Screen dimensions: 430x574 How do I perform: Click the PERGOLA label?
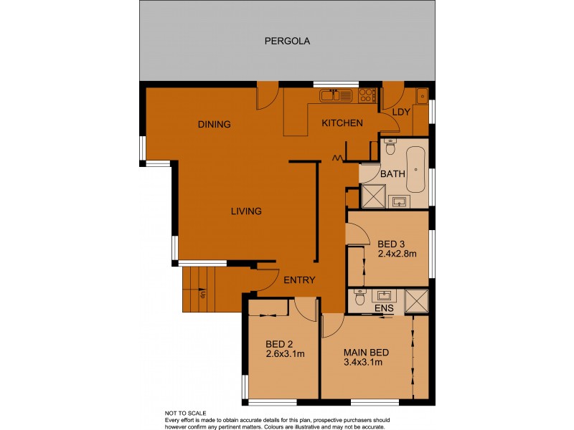[287, 41]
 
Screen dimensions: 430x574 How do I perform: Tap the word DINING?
[214, 124]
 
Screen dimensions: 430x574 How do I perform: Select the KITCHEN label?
[342, 123]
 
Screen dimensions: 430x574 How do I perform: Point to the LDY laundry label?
[401, 112]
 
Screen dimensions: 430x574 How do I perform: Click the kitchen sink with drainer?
[336, 95]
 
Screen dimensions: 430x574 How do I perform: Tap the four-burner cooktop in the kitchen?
[367, 95]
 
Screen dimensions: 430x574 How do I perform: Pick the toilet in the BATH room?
[390, 147]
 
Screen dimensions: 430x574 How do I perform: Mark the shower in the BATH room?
[372, 196]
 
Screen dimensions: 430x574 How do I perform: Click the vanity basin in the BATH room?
[398, 201]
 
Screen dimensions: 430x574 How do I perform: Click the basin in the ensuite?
[383, 295]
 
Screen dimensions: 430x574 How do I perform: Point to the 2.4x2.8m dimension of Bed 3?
[397, 254]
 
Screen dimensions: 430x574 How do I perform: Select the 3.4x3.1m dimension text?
[362, 362]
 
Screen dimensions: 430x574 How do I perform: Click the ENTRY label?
[299, 279]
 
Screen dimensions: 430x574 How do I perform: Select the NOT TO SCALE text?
[186, 414]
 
